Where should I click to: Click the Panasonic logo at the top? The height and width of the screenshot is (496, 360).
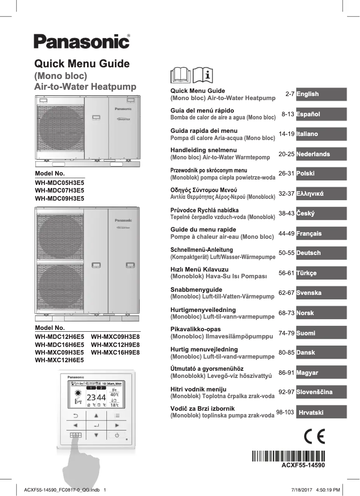point(81,41)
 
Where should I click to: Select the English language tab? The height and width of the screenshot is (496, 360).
point(321,94)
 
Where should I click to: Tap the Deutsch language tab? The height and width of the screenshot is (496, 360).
point(321,253)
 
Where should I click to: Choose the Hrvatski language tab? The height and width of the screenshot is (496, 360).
point(321,412)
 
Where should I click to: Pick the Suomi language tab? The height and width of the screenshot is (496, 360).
point(321,333)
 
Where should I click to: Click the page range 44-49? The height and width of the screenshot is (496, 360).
point(286,233)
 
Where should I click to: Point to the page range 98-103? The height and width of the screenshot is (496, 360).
point(285,412)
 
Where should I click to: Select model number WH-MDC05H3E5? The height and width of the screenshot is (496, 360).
point(59,183)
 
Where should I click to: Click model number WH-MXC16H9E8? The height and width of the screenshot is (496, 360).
point(115,352)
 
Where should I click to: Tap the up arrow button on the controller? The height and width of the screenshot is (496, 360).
point(96,416)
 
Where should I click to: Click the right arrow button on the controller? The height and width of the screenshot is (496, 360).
point(117,425)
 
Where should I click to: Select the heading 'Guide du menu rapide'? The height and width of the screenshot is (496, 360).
point(203,229)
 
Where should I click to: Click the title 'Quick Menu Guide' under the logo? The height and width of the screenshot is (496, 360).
point(82,64)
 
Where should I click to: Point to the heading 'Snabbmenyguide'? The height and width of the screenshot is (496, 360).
point(196,290)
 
